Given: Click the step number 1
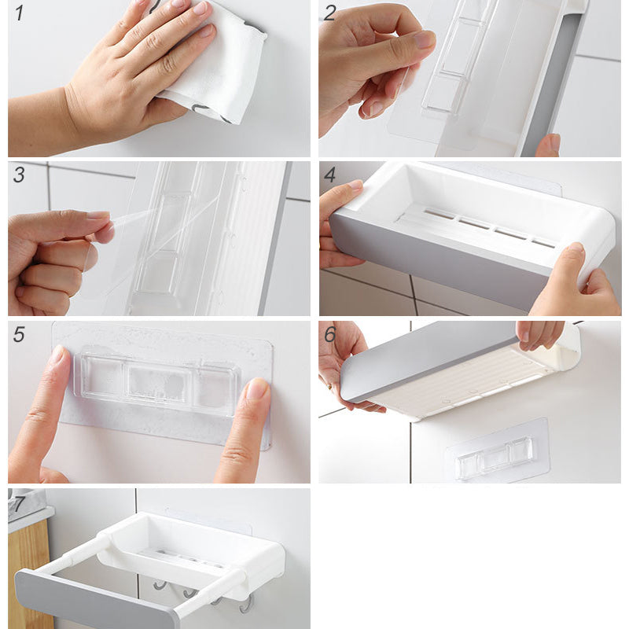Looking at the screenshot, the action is click(19, 13).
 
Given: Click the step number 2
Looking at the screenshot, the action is click(329, 13).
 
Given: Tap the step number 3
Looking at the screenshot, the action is click(19, 175).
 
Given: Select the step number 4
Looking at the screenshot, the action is click(329, 175).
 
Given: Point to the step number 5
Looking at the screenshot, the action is click(19, 334).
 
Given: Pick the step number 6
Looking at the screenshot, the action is click(329, 334).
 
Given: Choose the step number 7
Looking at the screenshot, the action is click(18, 504).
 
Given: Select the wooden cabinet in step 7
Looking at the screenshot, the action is click(29, 574).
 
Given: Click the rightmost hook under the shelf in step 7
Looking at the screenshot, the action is click(247, 605).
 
